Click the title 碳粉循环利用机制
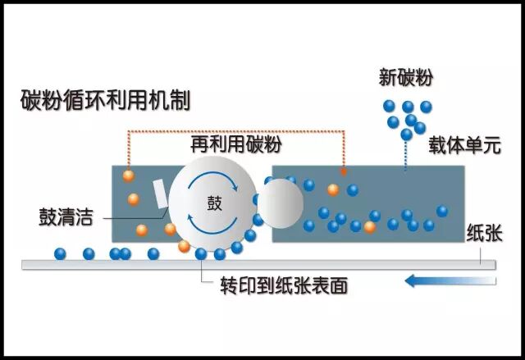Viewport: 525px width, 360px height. coord(106,102)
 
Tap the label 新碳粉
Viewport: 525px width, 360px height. coord(405,78)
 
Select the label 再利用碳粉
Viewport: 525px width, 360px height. coord(236,145)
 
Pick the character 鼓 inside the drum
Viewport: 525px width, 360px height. coord(212,203)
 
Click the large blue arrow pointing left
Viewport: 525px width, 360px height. coord(450,281)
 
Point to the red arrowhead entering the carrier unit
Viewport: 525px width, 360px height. coord(343,172)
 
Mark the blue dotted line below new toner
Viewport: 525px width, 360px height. coord(405,156)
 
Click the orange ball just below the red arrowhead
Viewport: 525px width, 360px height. coord(332,189)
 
